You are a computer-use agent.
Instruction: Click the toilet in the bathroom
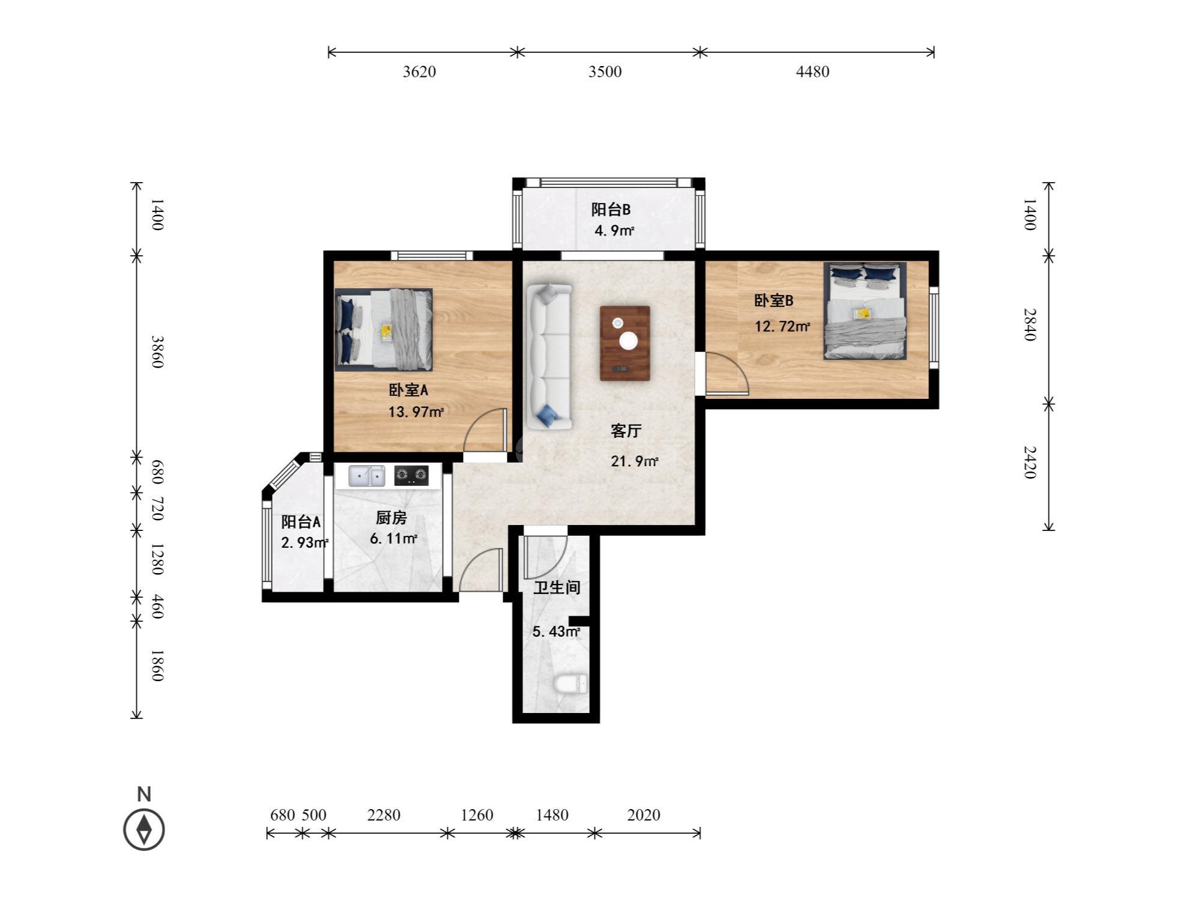coord(570,684)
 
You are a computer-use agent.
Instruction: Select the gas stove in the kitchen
coord(411,476)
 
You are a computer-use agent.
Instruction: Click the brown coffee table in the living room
coord(625,343)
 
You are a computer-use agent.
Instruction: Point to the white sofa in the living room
coord(549,356)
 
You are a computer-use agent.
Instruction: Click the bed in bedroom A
coord(384,330)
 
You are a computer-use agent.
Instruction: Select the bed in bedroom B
coord(865,311)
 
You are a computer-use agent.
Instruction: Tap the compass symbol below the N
coord(144,830)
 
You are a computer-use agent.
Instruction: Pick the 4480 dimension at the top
coord(812,71)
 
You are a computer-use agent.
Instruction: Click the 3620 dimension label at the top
coord(419,71)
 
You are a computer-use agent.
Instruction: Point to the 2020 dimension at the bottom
coord(644,815)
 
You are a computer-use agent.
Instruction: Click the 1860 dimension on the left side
coord(157,665)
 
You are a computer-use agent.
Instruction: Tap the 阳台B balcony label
coord(611,210)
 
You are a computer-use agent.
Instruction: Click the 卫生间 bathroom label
coord(557,587)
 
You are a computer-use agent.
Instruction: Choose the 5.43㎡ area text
coord(556,632)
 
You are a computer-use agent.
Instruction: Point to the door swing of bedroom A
coord(485,430)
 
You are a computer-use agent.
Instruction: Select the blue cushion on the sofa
coord(547,415)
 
